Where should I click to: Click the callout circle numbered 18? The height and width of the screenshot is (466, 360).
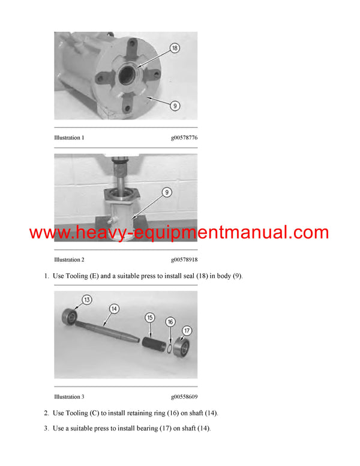click(x=175, y=49)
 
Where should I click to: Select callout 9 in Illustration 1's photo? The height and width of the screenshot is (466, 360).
click(x=175, y=106)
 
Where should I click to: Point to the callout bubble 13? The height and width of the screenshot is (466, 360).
click(x=87, y=300)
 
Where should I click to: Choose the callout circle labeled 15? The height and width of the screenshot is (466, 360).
click(x=150, y=317)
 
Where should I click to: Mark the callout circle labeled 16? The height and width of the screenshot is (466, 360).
click(x=170, y=322)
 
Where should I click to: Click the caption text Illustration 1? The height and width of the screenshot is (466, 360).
click(x=69, y=138)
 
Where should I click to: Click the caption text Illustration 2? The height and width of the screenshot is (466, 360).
click(x=69, y=259)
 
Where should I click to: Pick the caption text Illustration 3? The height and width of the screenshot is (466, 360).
click(x=69, y=396)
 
